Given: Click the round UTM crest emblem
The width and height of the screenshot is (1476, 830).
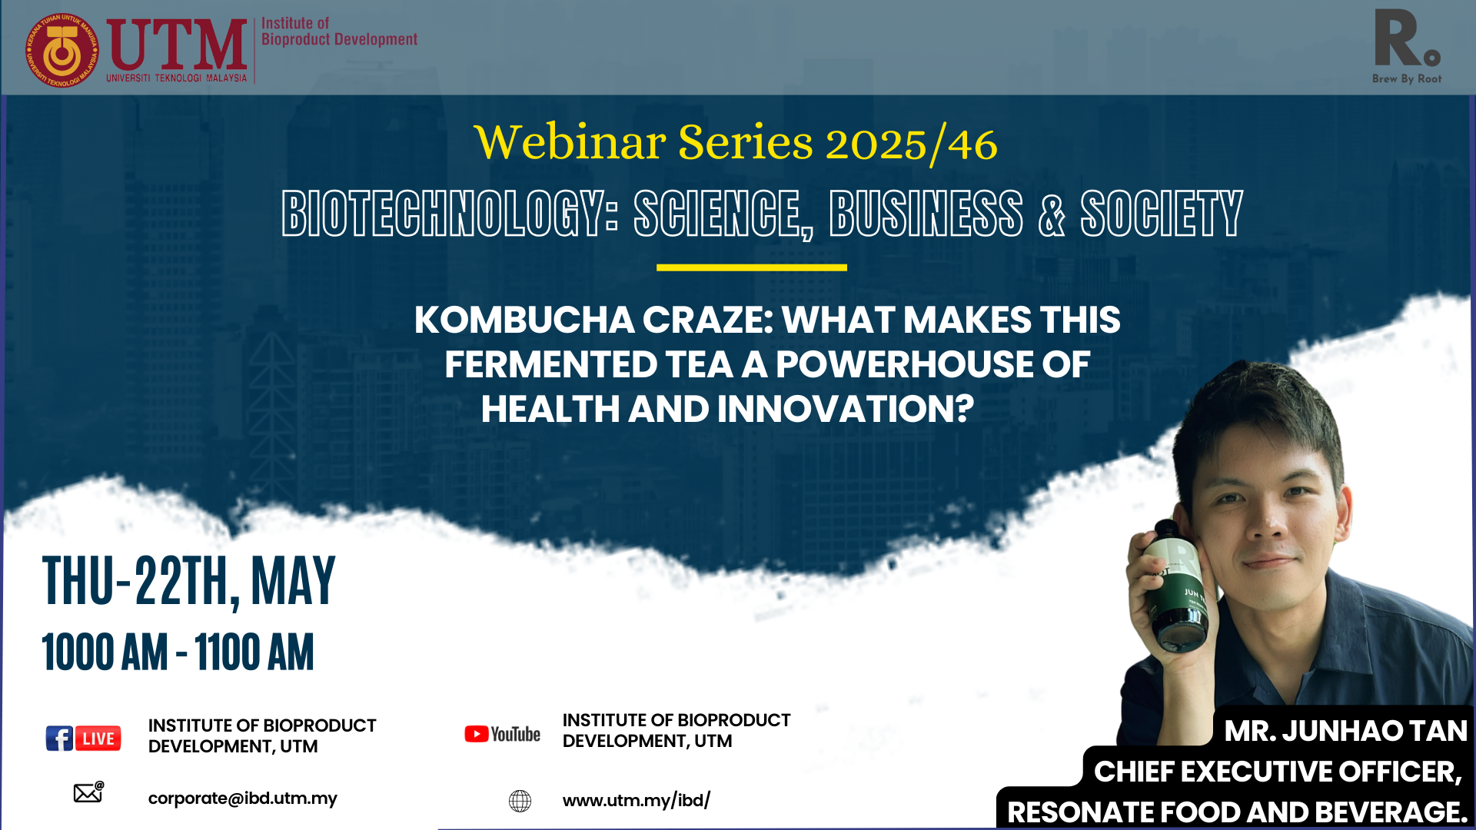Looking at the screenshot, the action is click(x=62, y=51).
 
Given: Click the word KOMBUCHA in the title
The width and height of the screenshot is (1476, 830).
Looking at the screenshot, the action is click(x=524, y=320).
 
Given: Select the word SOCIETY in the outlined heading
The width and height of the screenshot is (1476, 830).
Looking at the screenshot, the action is click(x=1162, y=214).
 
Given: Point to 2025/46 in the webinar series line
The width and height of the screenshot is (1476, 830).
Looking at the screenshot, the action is click(x=911, y=144).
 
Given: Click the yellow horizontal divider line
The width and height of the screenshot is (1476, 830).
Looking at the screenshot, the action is click(x=751, y=267).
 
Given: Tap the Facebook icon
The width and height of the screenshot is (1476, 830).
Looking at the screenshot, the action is click(x=59, y=739).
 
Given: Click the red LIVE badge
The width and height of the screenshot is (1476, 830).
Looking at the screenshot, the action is click(x=98, y=739).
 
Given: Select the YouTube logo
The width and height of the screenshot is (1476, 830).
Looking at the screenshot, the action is click(x=502, y=735).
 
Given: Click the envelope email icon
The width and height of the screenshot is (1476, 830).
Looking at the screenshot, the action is click(x=88, y=792).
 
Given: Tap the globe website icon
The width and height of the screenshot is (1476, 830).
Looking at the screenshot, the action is click(x=520, y=801).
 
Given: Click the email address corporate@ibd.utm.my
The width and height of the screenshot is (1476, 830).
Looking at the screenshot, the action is click(x=242, y=798).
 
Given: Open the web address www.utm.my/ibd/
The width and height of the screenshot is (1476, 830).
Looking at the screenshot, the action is click(x=637, y=801).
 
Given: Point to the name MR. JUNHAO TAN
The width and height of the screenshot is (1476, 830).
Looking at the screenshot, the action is click(x=1345, y=731).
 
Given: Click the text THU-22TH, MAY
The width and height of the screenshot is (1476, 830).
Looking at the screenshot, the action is click(x=189, y=582).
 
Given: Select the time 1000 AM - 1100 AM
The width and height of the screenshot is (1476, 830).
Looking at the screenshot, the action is click(x=178, y=652).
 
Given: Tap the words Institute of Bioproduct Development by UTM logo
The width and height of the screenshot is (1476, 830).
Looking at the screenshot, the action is click(x=339, y=32).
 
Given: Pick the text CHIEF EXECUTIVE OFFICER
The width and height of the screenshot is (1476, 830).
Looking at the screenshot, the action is click(x=1277, y=772).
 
